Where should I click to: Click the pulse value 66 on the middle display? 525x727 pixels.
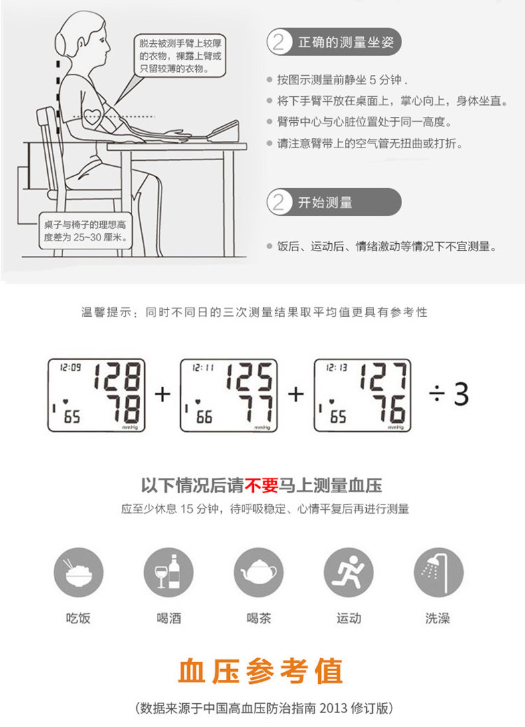[x=204, y=417]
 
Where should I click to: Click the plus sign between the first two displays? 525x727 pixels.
[x=162, y=395]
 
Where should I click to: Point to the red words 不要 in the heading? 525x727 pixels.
[x=261, y=485]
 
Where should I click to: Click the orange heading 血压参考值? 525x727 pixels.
[x=261, y=671]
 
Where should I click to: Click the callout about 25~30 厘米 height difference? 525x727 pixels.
[x=84, y=230]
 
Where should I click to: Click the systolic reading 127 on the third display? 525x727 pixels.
[x=383, y=377]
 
